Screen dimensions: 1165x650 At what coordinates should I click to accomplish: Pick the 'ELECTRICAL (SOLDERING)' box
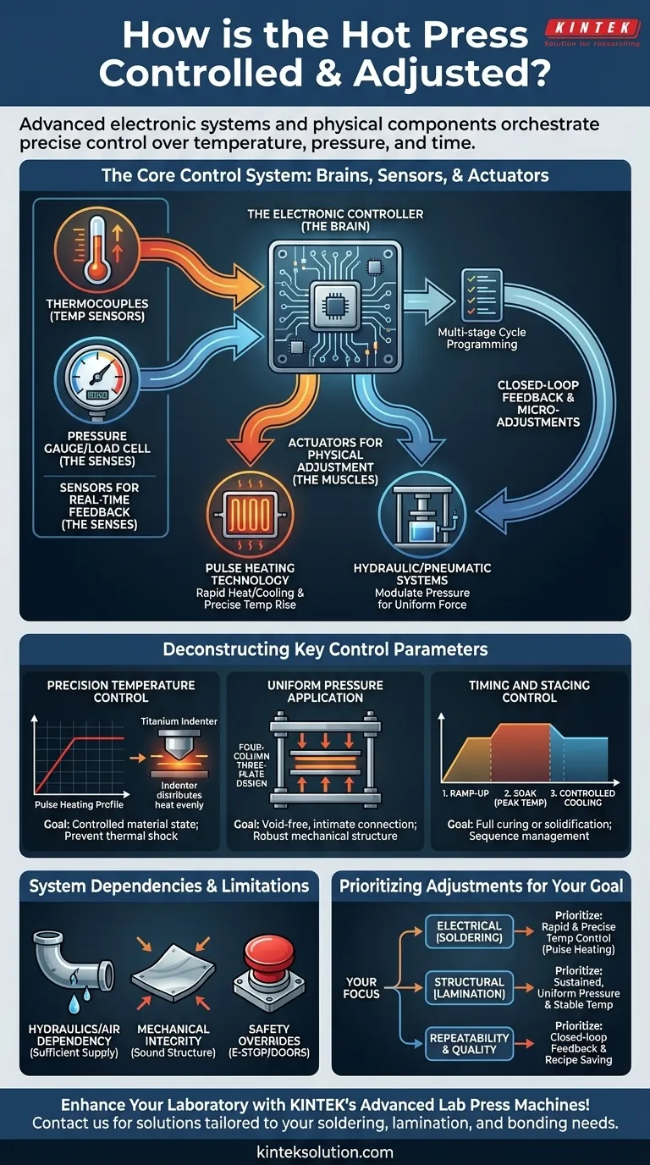pyautogui.click(x=468, y=932)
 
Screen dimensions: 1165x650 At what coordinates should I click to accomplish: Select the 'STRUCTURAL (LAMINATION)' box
pyautogui.click(x=468, y=988)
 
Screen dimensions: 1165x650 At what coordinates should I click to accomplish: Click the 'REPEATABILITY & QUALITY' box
pyautogui.click(x=468, y=1044)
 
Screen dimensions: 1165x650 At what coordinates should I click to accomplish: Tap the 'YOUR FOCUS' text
pyautogui.click(x=361, y=987)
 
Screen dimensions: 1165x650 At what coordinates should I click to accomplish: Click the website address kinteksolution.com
pyautogui.click(x=325, y=1151)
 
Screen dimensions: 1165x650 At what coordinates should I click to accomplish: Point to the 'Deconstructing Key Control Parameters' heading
pyautogui.click(x=325, y=650)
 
